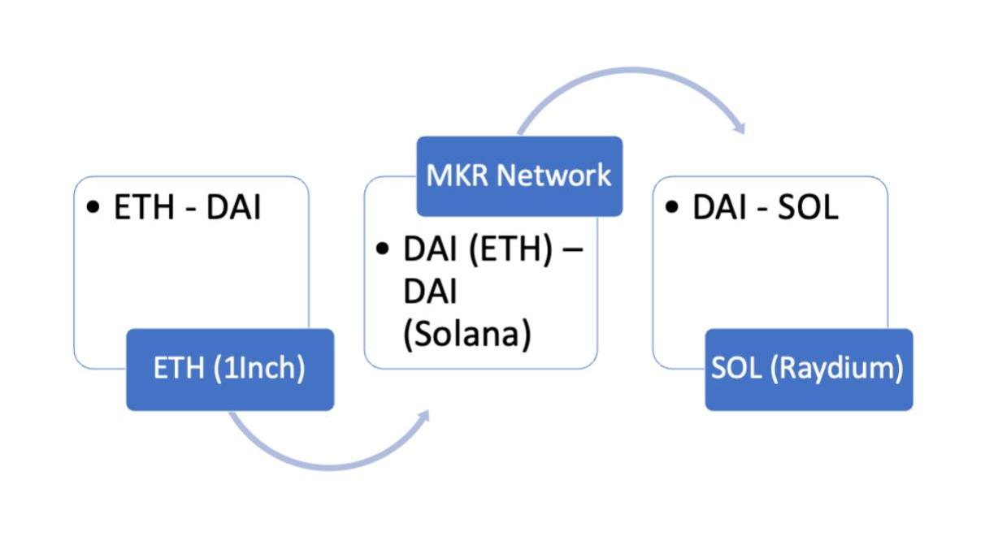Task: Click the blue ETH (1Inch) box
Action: [230, 370]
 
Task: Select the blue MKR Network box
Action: [519, 176]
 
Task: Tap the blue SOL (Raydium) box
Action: [809, 370]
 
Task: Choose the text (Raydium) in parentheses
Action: [838, 369]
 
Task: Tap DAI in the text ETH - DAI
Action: [233, 208]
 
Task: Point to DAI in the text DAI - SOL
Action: [720, 208]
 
